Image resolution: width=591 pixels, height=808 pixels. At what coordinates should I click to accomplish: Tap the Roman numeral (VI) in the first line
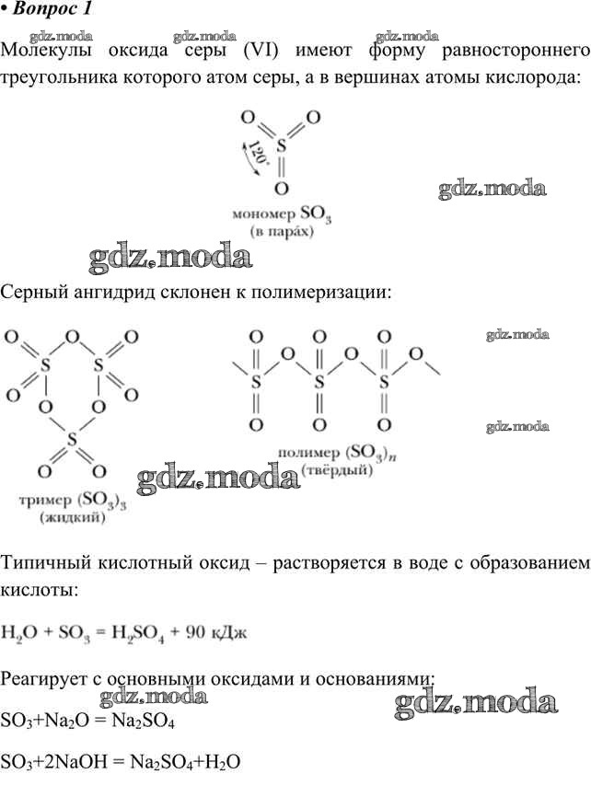[260, 51]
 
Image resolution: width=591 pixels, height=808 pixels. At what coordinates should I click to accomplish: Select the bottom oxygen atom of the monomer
[281, 189]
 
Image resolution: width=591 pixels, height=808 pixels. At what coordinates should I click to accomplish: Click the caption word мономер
[263, 214]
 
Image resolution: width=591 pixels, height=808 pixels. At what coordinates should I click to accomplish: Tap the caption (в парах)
[282, 231]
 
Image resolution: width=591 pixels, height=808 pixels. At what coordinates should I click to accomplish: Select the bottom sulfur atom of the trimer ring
[72, 439]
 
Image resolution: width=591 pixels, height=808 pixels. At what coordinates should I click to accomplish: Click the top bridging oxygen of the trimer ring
[73, 338]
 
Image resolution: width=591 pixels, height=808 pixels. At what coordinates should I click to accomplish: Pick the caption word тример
[45, 501]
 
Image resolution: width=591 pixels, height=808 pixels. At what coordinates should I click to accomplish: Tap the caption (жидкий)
[72, 517]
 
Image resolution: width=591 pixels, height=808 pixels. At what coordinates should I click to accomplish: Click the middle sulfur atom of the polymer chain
[319, 382]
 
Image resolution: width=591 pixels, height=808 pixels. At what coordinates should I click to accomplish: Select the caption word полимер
[308, 453]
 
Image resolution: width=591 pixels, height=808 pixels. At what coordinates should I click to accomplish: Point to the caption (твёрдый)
[337, 470]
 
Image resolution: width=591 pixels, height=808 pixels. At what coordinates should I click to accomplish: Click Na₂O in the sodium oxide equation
[75, 721]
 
